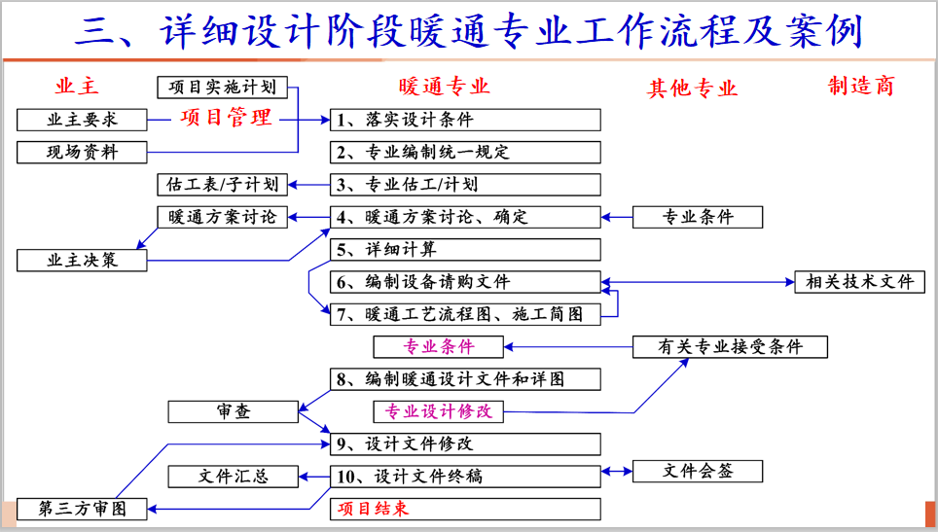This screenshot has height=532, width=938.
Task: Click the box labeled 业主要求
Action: pos(82,120)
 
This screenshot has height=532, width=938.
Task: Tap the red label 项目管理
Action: pos(226,118)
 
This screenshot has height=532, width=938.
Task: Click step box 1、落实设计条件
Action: pos(465,120)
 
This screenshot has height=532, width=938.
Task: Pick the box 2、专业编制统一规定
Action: pos(465,152)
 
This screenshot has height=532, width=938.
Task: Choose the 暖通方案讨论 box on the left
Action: pos(223,217)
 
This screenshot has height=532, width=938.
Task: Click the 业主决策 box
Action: pos(82,260)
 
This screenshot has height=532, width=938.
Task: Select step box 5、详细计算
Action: pos(465,250)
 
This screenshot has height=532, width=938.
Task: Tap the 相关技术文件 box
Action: pos(859,282)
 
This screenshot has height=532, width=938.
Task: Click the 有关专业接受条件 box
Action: pos(730,346)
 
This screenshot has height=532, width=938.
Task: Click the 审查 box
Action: pos(233,411)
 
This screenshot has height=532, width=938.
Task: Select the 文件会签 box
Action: pos(697,472)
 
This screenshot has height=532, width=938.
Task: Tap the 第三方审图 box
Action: pos(82,508)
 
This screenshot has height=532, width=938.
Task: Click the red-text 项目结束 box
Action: pos(465,508)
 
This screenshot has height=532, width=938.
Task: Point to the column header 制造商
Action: pos(860,87)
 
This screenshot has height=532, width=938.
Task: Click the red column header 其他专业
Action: pos(692,89)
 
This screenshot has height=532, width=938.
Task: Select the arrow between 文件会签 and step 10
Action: pos(617,472)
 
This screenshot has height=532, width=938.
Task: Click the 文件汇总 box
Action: pos(233,477)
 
